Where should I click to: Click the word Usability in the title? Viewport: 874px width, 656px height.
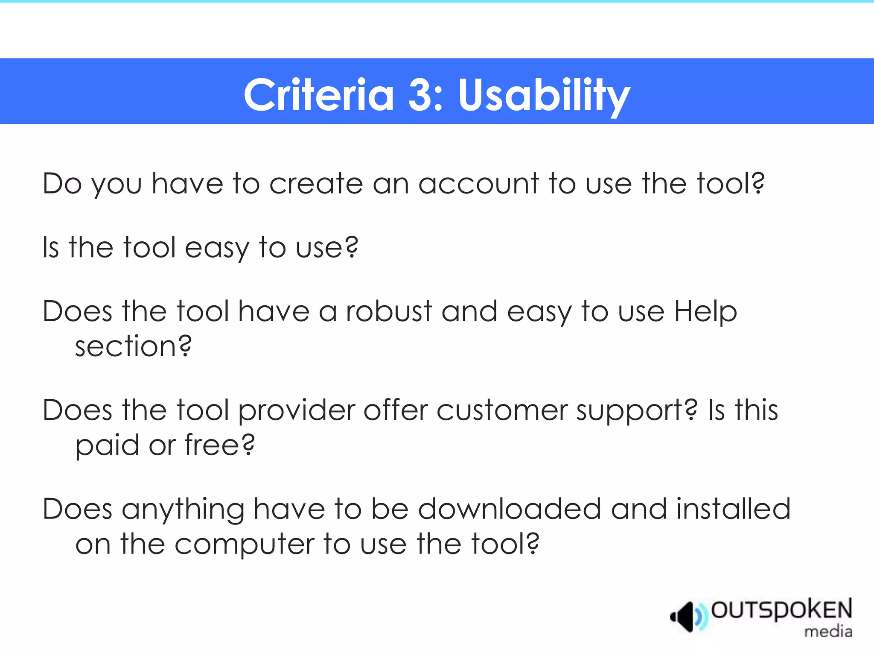544,95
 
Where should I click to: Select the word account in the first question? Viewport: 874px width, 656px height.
478,184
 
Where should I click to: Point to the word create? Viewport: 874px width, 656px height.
316,184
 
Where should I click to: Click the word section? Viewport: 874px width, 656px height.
133,346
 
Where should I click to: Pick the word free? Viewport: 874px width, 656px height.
219,445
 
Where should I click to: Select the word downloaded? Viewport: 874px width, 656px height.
510,509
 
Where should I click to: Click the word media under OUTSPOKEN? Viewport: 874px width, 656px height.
828,631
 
